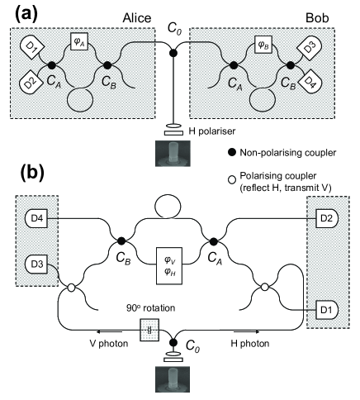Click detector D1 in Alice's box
point(31,46)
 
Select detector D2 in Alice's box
point(31,82)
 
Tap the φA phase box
point(79,41)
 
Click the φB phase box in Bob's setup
point(263,45)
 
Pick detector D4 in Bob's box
point(311,82)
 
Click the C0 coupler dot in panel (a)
point(173,53)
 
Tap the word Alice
point(137,18)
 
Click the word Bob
point(317,18)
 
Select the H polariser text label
point(212,131)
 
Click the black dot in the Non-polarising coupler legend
point(233,152)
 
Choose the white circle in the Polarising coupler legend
point(233,180)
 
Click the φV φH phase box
point(169,265)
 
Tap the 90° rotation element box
point(149,330)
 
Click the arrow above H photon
point(245,331)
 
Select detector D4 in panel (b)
point(36,219)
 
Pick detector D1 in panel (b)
point(327,310)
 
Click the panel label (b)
point(32,173)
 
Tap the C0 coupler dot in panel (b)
point(173,342)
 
